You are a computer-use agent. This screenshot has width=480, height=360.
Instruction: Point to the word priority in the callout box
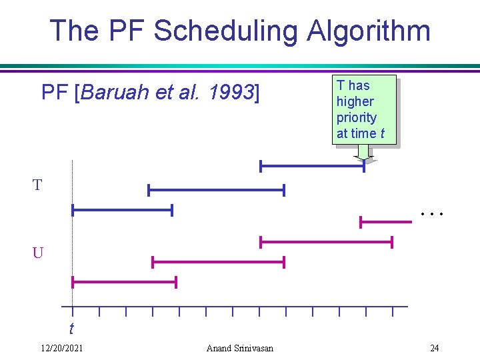[356, 117]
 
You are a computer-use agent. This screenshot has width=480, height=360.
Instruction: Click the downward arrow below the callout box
[363, 153]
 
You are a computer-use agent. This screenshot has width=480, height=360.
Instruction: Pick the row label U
[37, 253]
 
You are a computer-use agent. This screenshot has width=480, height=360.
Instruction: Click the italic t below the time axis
[71, 329]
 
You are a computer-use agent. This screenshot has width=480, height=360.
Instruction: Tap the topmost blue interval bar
[312, 166]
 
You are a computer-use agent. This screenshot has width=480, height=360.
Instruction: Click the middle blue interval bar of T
[216, 190]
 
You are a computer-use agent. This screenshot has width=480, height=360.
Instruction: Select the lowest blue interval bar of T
[122, 211]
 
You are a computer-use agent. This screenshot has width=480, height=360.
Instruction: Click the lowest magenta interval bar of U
[124, 283]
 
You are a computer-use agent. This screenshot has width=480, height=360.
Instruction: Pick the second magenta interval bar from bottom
[218, 262]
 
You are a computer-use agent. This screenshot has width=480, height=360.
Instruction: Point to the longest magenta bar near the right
[326, 242]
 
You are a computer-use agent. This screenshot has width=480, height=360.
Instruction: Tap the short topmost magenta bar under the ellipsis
[384, 221]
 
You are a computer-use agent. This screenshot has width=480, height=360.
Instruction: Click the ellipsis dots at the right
[432, 214]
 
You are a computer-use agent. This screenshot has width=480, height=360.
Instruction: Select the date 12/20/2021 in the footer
[62, 348]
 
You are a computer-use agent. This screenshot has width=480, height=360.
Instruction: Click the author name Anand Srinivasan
[239, 348]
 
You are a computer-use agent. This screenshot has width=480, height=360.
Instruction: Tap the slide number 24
[434, 348]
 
